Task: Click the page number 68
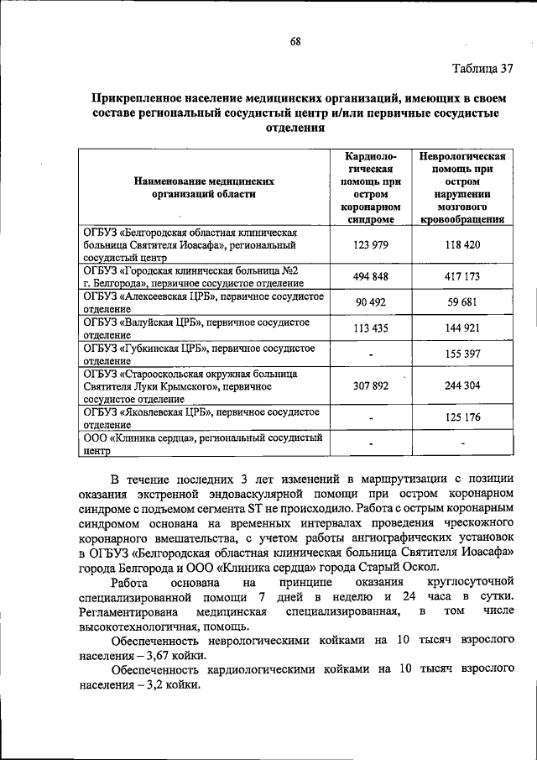[295, 41]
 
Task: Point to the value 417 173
[462, 276]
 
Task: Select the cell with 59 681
[462, 303]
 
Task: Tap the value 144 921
[462, 328]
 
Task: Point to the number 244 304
[462, 387]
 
